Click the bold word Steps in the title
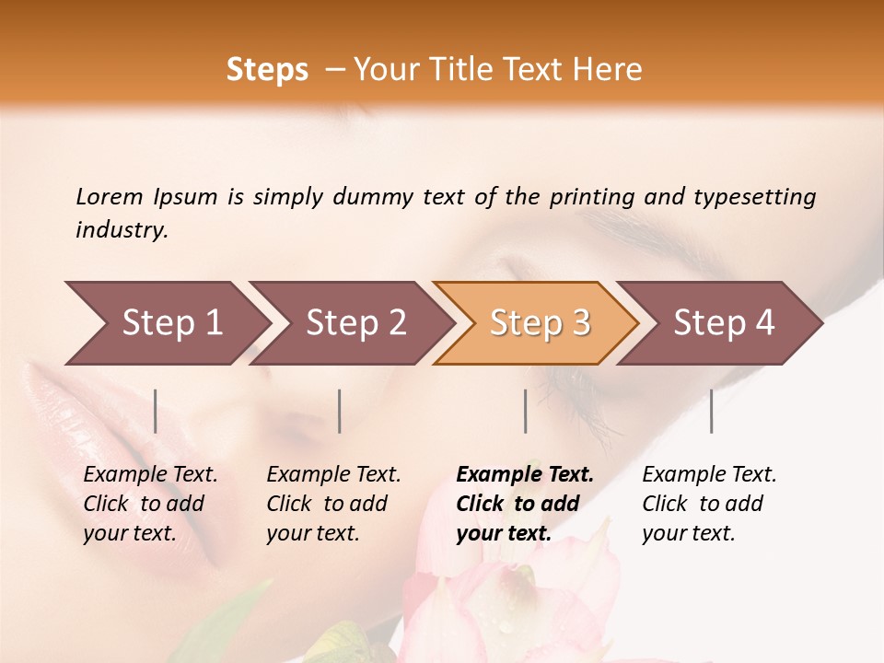point(267,70)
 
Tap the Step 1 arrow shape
point(166,323)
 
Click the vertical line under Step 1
point(156,411)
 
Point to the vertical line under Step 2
point(340,411)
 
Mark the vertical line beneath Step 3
point(526,411)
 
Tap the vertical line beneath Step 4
point(711,411)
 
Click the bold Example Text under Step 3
point(525,504)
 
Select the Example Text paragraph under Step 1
point(150,504)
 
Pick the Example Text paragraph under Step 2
point(333,504)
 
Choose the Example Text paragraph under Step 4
point(709,504)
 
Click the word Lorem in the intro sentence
point(110,196)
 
